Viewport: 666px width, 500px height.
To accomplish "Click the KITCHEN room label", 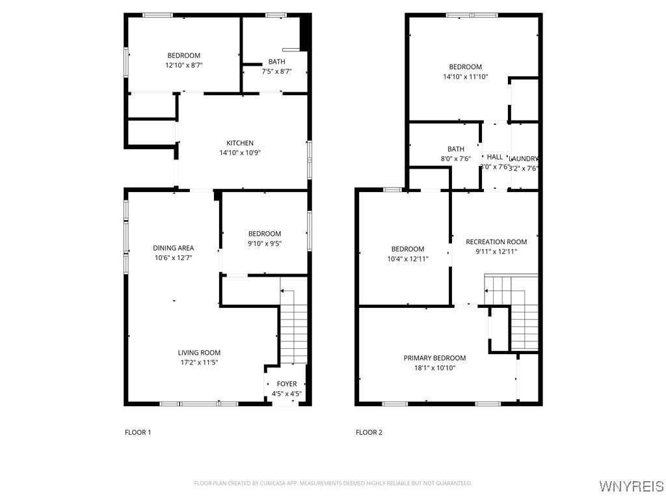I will [239, 143].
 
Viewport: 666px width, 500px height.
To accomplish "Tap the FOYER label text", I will [286, 384].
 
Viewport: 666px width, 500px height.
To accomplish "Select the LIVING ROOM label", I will [199, 353].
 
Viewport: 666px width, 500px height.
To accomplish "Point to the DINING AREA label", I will [173, 248].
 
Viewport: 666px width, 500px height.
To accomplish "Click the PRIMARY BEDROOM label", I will [434, 358].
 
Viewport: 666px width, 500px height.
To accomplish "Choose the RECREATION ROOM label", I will [496, 242].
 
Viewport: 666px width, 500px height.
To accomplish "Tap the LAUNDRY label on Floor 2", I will [524, 159].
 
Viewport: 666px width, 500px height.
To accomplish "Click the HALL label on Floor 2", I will [495, 157].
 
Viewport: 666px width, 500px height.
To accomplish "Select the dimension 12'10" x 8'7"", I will [183, 65].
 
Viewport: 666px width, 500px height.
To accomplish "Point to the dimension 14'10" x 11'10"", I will [465, 76].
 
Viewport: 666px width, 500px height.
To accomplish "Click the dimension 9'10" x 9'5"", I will [264, 243].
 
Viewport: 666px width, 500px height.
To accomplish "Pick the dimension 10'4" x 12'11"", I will [407, 258].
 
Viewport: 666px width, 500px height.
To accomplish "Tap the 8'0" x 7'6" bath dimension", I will [455, 159].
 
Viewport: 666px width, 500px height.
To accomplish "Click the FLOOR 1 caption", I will [138, 432].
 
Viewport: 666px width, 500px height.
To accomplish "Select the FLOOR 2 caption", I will [369, 432].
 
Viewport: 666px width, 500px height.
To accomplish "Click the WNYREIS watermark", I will [631, 486].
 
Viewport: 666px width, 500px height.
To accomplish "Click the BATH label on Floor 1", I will [276, 62].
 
